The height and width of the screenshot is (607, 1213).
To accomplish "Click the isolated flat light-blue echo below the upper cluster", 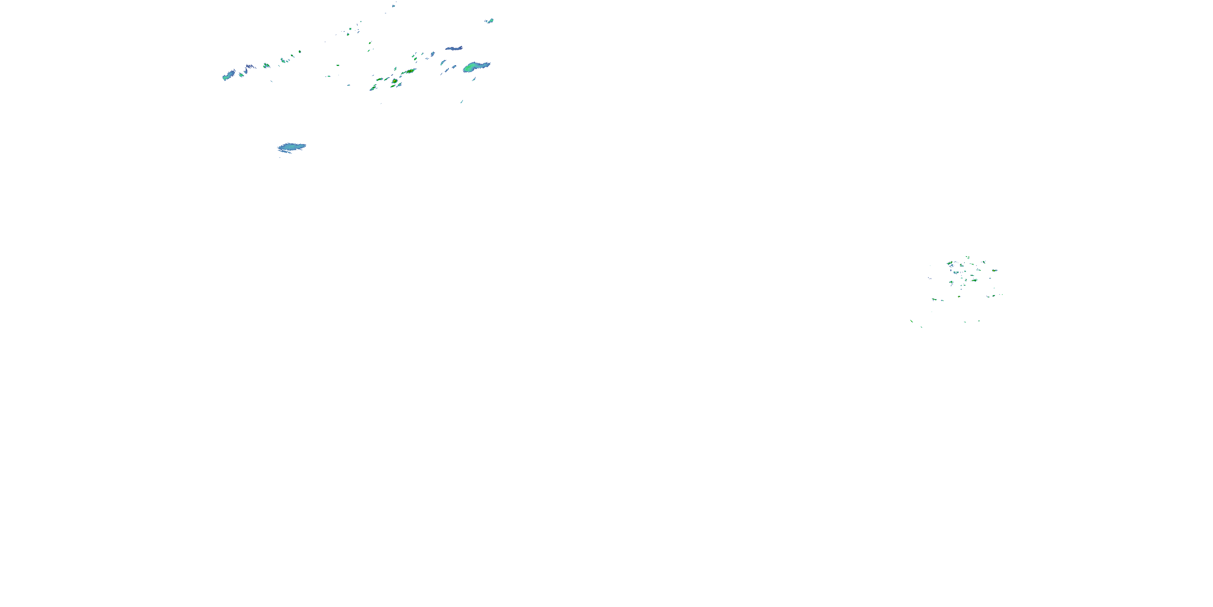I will point(292,147).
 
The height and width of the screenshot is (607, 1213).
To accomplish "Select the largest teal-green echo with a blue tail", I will point(475,66).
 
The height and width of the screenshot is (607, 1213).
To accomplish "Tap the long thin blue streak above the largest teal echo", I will point(454,48).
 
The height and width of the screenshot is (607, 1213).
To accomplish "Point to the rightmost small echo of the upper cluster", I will point(490,21).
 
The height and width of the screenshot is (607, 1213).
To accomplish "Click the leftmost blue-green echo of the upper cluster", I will point(229,75).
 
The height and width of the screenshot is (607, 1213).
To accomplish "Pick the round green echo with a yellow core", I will point(394,81).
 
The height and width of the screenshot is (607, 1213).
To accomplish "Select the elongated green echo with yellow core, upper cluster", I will point(409,72).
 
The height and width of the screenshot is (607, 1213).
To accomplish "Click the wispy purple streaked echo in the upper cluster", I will point(249,68).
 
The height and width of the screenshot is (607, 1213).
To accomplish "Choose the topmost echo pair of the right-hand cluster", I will point(967,257).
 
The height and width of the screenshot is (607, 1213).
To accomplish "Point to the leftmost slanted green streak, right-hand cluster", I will point(912,321).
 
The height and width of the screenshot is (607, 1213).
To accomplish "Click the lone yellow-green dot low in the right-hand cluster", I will point(959,297).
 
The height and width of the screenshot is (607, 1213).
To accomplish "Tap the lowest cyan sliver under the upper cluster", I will point(461,101).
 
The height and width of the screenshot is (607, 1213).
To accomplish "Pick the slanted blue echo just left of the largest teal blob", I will point(443,62).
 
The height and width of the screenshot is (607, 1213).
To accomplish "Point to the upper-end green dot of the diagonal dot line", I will point(300,51).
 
